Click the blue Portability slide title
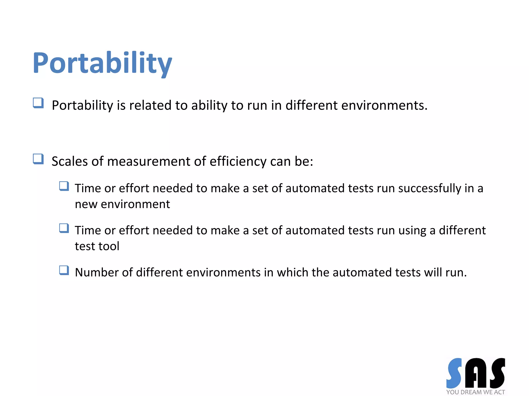[102, 63]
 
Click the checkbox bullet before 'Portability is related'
[38, 103]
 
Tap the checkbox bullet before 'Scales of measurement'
[38, 159]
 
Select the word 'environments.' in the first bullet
[384, 105]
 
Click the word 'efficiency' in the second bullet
[238, 162]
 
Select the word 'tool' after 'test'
[111, 246]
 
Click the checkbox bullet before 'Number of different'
[64, 270]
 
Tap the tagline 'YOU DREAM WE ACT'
[476, 392]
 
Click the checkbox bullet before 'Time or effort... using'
[64, 228]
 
